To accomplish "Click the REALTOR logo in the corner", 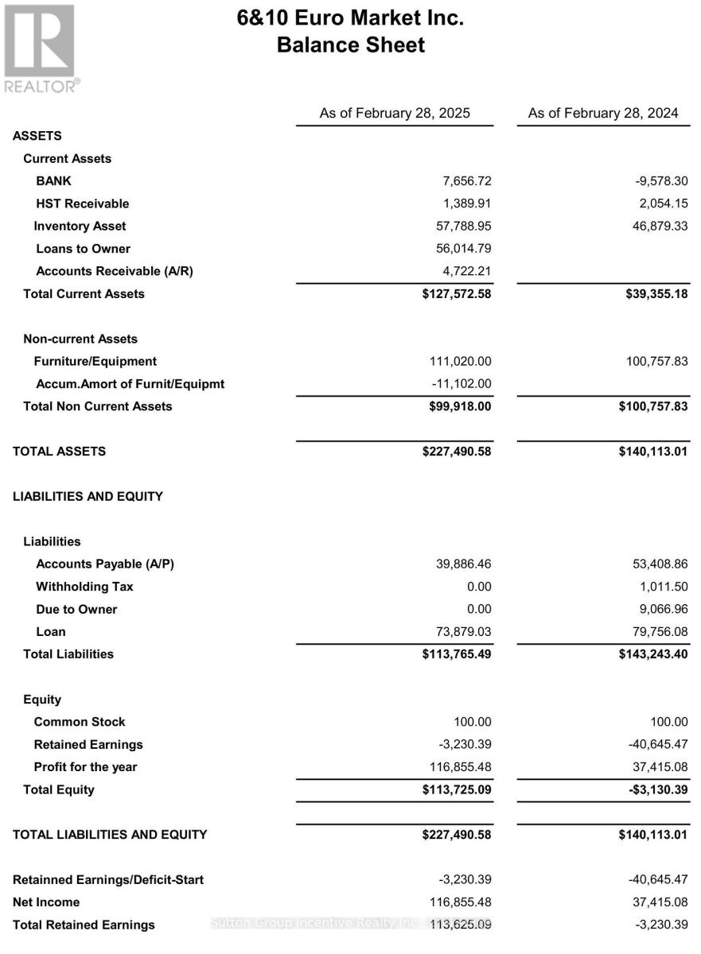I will (x=41, y=48).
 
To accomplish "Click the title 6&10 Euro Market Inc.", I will (x=350, y=17).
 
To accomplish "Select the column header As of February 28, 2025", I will (x=395, y=113).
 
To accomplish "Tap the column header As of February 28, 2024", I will (x=603, y=113).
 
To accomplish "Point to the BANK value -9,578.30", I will (x=656, y=181).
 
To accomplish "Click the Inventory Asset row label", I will (x=80, y=227).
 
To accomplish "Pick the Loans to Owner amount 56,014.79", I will (x=459, y=249).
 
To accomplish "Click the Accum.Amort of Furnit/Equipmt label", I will (x=130, y=384).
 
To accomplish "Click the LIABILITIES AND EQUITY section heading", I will (x=88, y=497).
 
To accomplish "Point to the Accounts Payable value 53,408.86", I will (x=655, y=564).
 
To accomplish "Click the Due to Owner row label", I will (x=76, y=610).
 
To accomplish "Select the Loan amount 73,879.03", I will (x=459, y=632).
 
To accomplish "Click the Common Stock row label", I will (x=79, y=722).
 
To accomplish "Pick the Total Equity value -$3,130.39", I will (x=655, y=790).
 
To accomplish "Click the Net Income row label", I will (x=46, y=902).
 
